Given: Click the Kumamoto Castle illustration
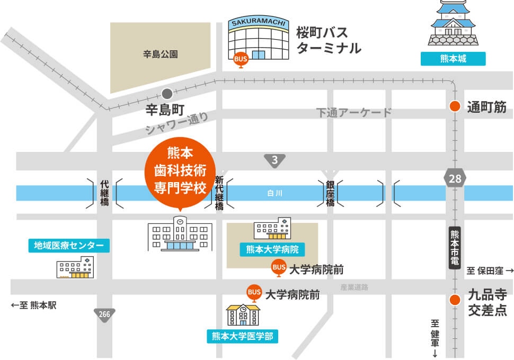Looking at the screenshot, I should [453, 24].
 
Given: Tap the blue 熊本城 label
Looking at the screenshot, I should [453, 58].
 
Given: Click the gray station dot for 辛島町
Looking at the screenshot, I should [167, 94].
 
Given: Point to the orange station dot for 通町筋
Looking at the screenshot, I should [454, 106].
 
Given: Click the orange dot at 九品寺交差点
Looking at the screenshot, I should [454, 300].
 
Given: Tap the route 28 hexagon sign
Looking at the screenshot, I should [455, 178].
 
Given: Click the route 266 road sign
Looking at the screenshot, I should [104, 314].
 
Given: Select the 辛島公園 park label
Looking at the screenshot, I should [160, 53].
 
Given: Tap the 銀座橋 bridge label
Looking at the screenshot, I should [330, 193].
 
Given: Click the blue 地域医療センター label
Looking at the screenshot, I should [69, 245].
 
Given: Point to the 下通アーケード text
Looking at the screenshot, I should [354, 113].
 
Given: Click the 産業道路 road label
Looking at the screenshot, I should [354, 287].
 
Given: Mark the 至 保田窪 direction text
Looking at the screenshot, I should [490, 271].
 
